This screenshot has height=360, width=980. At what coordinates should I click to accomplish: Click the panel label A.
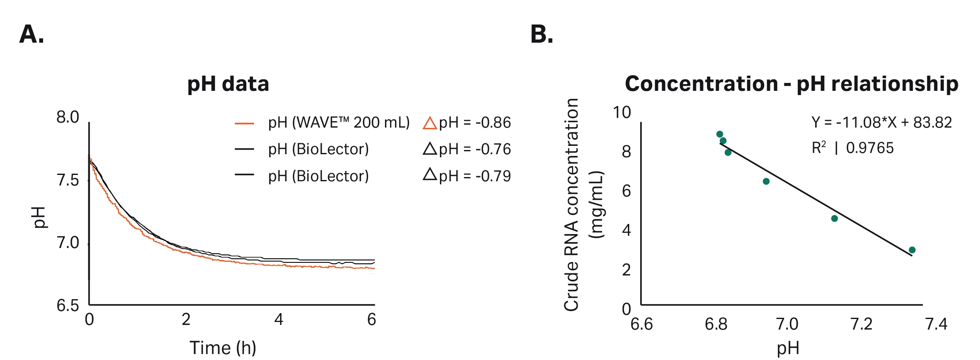click(32, 35)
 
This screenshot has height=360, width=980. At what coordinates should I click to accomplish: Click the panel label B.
click(541, 35)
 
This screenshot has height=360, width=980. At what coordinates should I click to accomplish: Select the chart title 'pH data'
click(228, 84)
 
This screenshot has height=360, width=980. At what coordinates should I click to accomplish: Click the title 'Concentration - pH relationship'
click(791, 84)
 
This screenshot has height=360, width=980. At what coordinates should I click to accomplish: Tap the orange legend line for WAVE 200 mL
click(244, 124)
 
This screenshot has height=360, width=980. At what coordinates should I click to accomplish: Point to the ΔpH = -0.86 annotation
click(467, 123)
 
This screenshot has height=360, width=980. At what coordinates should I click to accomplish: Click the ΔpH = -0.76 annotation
click(467, 149)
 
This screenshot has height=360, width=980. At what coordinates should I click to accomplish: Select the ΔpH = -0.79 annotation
click(467, 176)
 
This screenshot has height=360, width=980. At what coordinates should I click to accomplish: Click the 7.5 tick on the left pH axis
click(68, 180)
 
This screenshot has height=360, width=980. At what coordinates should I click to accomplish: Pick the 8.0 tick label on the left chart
click(68, 117)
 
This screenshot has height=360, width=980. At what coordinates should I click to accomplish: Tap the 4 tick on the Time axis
click(278, 319)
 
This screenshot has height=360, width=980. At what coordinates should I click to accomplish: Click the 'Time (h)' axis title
click(223, 348)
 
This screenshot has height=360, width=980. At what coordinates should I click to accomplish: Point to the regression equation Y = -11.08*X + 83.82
click(882, 123)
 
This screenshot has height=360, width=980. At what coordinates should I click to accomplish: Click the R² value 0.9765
click(870, 148)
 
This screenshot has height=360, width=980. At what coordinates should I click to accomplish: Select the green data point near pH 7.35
click(912, 250)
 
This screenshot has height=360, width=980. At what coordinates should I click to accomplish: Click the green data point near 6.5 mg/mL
click(766, 181)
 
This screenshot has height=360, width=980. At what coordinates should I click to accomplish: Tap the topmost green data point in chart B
click(720, 134)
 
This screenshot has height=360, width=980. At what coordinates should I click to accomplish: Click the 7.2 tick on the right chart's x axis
click(861, 324)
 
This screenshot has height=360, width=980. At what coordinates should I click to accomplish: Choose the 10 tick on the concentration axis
click(622, 112)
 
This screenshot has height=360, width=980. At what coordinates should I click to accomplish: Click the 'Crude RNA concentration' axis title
click(571, 205)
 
